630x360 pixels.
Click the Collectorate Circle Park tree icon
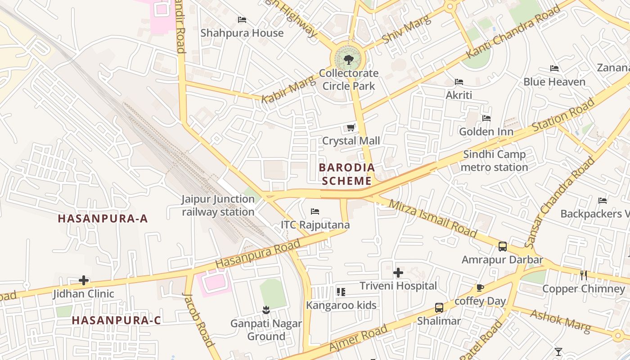coord(349,59)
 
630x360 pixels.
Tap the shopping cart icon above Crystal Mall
coord(351,128)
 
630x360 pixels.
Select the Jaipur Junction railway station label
coord(218,205)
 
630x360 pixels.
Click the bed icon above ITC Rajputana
coord(315,211)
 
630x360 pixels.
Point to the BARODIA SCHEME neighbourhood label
coord(346,174)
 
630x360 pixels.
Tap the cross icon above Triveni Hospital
coord(398,273)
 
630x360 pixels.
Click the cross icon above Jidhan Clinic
coord(84,280)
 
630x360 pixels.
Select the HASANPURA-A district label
coord(103,219)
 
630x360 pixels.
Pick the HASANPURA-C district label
coord(116,320)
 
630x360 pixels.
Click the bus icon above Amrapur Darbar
coord(503,247)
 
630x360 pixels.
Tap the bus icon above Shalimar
coord(439,308)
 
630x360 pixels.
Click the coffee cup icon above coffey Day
coord(480,288)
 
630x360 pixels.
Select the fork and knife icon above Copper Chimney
coord(584,275)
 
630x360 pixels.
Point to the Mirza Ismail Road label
coord(432,218)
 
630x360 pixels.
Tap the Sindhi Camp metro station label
coord(495,161)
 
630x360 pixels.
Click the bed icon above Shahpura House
coord(242,20)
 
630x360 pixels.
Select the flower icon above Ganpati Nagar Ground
coord(266,310)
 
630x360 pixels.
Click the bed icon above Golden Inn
coord(486,118)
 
